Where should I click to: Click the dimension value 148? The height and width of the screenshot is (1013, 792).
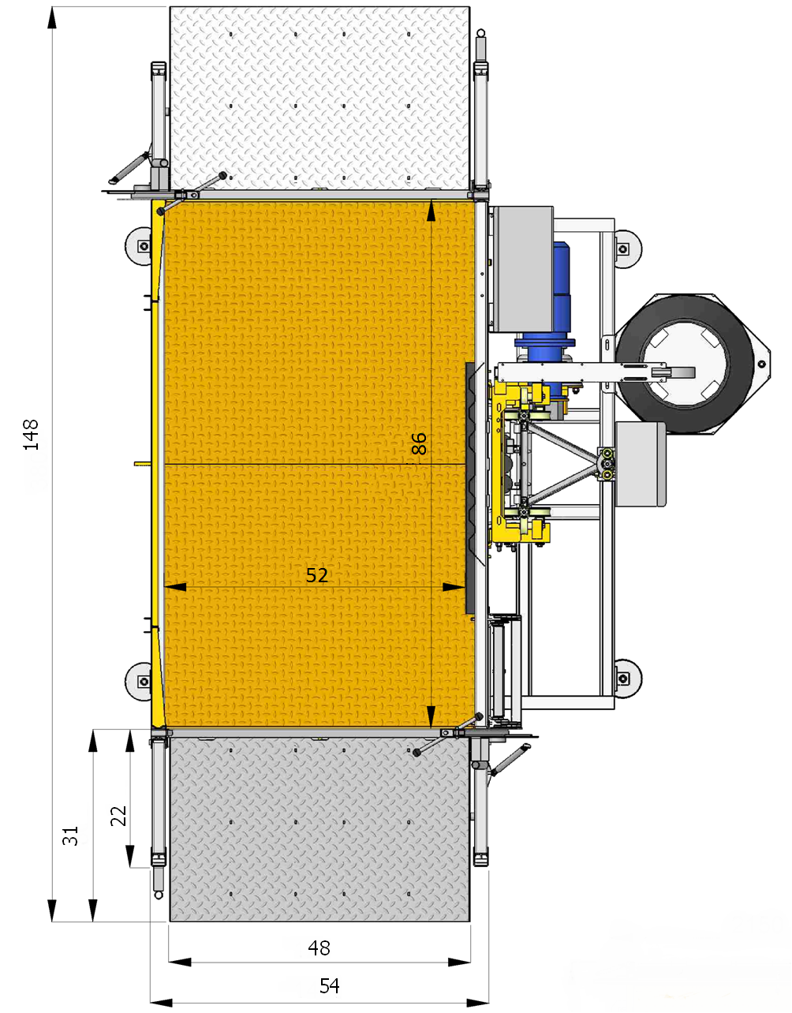pos(31,435)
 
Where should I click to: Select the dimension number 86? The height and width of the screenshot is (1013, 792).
pos(419,443)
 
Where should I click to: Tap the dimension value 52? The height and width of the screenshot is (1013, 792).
pos(317,576)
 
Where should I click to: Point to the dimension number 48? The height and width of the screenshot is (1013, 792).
pos(319,948)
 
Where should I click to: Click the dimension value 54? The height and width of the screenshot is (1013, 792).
pos(330,986)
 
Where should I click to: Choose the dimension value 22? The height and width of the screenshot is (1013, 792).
pos(118,816)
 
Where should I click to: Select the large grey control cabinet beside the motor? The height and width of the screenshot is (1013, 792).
pos(523,270)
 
